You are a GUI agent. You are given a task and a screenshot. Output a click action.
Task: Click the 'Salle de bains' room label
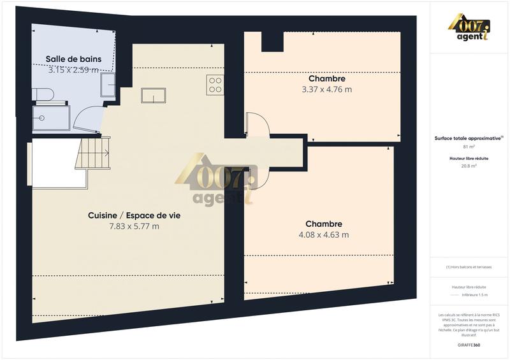73,59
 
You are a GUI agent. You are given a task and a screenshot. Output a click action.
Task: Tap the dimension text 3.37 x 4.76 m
326,89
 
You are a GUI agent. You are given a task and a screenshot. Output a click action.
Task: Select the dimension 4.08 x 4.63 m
323,234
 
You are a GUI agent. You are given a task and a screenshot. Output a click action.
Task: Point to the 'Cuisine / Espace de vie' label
134,216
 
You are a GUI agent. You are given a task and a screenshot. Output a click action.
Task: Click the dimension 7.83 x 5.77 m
134,226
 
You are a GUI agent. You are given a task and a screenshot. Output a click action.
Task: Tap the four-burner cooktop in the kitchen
215,85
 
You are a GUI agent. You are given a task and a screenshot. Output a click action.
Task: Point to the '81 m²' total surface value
470,147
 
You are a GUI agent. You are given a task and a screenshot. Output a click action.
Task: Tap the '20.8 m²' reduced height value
470,166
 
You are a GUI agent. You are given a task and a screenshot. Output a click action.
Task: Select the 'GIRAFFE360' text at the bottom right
470,344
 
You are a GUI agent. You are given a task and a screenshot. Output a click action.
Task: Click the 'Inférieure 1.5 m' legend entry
470,295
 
